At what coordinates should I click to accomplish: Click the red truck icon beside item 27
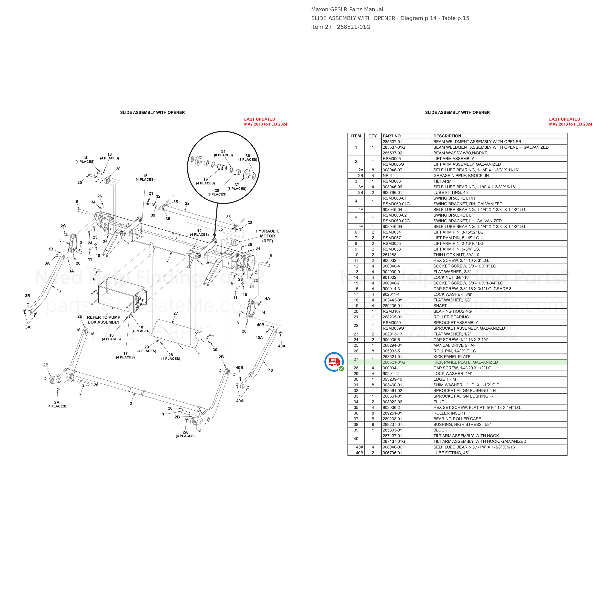click(x=334, y=362)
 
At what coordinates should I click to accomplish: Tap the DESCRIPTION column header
click(x=447, y=136)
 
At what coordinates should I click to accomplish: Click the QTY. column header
click(x=373, y=136)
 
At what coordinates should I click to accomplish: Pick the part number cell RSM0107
click(x=392, y=311)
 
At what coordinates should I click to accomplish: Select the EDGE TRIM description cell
click(x=445, y=379)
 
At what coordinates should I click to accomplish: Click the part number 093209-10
click(x=392, y=379)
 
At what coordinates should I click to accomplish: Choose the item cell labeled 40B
click(x=360, y=453)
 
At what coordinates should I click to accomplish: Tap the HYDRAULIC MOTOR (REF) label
click(x=267, y=236)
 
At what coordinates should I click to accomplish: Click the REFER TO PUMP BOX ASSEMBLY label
click(x=103, y=320)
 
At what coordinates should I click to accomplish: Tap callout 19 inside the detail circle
click(x=205, y=179)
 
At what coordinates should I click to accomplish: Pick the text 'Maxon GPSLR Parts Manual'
click(x=347, y=10)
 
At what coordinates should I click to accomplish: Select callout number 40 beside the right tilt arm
click(x=271, y=370)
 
